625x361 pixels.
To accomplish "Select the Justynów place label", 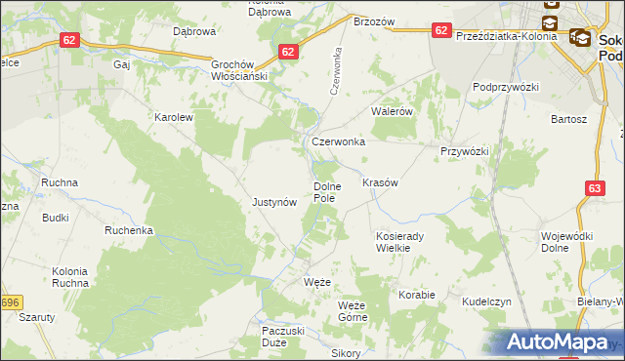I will [274, 203].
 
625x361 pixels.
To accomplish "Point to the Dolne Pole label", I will [325, 192].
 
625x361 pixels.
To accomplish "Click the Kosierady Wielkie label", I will [398, 242].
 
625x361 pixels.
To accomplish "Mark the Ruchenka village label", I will [130, 231].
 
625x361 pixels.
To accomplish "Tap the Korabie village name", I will [416, 293].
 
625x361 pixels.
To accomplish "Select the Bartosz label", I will [568, 119].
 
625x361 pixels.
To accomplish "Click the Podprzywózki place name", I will [506, 87].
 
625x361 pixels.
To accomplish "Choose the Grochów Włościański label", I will [239, 69].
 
